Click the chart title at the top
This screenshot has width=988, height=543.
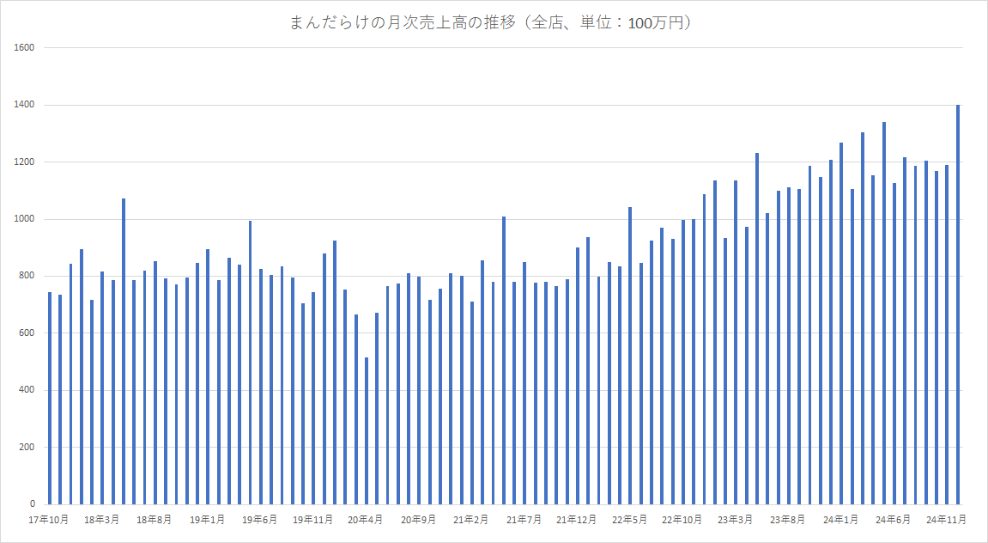point(493,23)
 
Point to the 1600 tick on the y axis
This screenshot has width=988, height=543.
point(23,48)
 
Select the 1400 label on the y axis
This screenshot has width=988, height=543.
point(23,105)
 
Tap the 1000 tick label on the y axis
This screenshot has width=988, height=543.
point(23,219)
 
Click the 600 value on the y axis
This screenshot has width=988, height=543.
point(26,333)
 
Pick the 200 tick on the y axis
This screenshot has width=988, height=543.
point(26,448)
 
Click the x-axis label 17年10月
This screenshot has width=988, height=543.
point(48,520)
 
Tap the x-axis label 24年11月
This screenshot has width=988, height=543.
point(948,520)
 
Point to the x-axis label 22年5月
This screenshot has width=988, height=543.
point(630,520)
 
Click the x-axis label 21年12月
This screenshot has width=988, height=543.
point(577,520)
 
